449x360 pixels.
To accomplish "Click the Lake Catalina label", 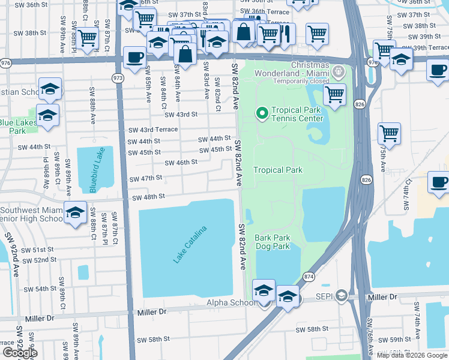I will point(190,244).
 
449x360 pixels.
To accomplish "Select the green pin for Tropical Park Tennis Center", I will point(262,112).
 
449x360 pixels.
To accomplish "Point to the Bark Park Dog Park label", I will point(273,242).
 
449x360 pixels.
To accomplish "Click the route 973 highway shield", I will point(118,78).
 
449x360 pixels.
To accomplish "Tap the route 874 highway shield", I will point(309,277).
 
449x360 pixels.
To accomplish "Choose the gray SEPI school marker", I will point(341,296).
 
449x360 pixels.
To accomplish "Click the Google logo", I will point(19,352).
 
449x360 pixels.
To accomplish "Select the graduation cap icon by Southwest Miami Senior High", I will point(76,213).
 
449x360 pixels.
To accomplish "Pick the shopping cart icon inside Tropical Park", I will point(334,93).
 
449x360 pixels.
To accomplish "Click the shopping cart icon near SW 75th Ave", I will point(389,133).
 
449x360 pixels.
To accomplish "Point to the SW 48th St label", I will point(148,197).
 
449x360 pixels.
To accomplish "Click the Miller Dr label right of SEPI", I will point(382,297).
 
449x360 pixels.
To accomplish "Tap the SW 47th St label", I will point(146,178).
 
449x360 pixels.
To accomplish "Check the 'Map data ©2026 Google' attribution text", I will point(411,355).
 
